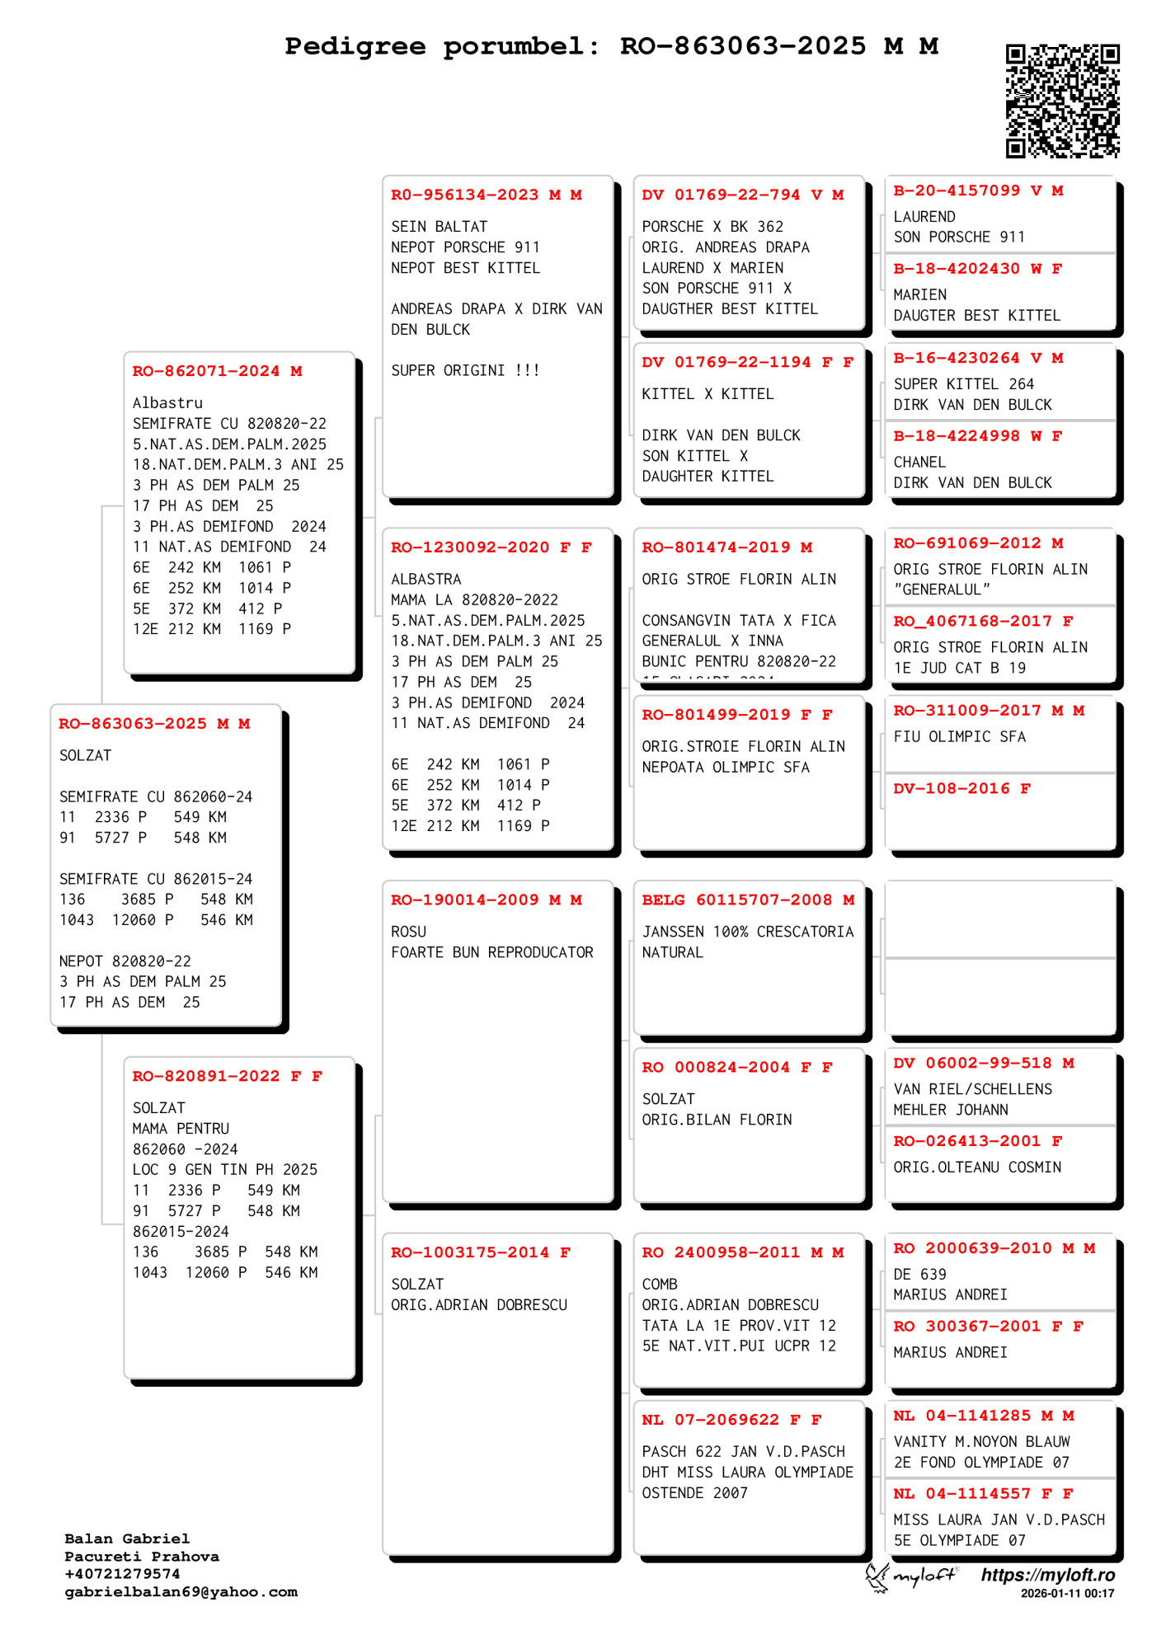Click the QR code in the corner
(1062, 101)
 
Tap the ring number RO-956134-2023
(464, 195)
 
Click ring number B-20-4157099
(957, 190)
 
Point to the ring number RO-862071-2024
(205, 372)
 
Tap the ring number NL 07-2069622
(710, 1420)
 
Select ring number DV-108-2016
(951, 789)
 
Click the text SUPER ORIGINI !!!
(465, 371)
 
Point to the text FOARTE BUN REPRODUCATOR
(491, 952)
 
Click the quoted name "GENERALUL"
(942, 590)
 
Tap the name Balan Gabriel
(127, 1539)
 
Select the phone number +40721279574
(122, 1574)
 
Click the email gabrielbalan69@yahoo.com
(181, 1592)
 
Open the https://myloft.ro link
(1047, 1575)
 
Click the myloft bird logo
(877, 1576)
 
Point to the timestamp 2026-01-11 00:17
(1067, 1594)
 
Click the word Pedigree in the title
(355, 46)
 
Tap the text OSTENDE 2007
(694, 1493)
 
